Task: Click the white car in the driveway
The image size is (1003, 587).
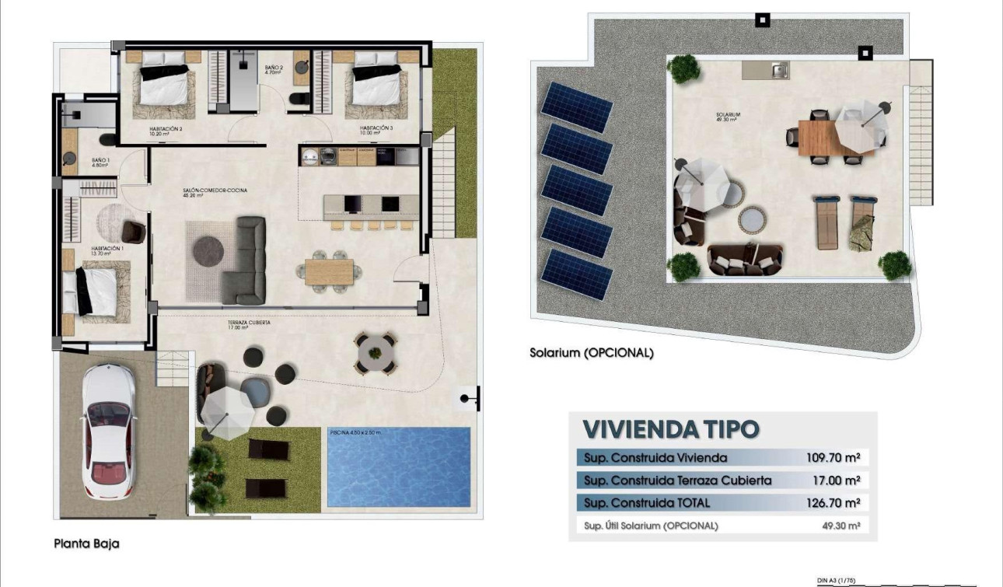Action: tap(108, 432)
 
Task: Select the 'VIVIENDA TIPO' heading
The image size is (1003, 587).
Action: tap(670, 429)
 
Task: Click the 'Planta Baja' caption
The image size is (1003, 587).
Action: tap(86, 544)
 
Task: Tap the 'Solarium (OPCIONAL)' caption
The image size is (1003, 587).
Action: tap(592, 352)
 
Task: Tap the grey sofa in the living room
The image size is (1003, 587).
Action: tap(246, 260)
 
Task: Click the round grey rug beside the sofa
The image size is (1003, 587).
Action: tap(208, 250)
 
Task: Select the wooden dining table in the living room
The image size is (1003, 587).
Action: tap(328, 271)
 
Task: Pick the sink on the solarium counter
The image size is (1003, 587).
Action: tap(776, 71)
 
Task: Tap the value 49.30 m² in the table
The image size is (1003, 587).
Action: tap(841, 526)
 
